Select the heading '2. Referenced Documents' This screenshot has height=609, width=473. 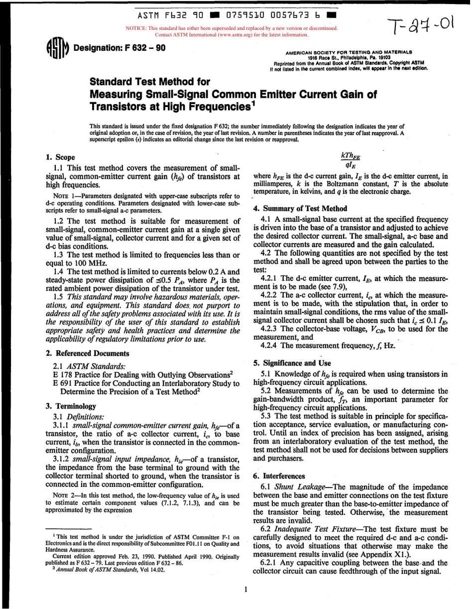coord(87,353)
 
